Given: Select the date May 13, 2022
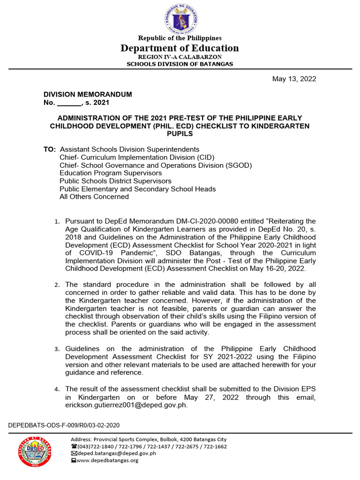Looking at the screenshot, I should point(294,79).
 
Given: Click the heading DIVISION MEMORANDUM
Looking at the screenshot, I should point(88,94).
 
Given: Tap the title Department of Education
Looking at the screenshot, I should point(180,48).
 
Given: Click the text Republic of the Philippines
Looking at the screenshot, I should point(180,38).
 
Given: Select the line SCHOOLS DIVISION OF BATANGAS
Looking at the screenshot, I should point(180,64).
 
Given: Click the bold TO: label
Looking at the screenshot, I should point(49,149).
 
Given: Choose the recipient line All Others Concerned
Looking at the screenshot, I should point(94,197).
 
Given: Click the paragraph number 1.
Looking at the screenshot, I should point(57,221).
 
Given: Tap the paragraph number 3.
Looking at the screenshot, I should point(57,349).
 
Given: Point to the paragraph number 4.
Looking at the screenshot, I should point(57,389).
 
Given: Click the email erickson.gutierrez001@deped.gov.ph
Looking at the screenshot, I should point(126,405).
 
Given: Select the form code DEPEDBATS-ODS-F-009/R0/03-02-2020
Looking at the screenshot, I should point(64,425).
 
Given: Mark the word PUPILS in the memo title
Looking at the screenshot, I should point(180,134).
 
